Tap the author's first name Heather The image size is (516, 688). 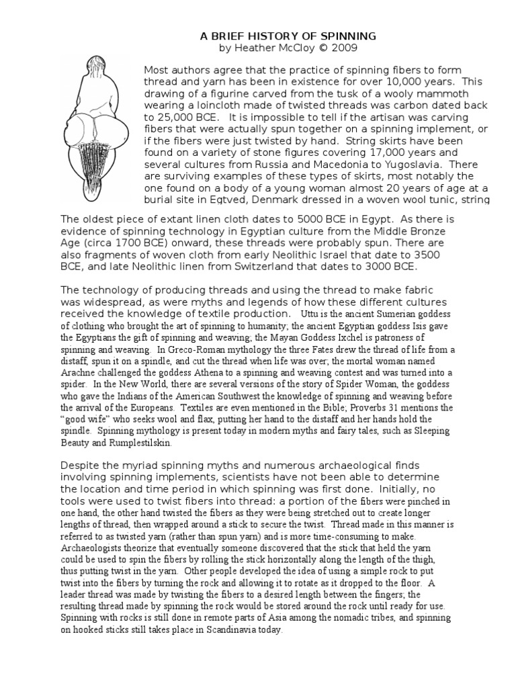coord(253,48)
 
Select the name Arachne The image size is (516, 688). coord(79,372)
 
